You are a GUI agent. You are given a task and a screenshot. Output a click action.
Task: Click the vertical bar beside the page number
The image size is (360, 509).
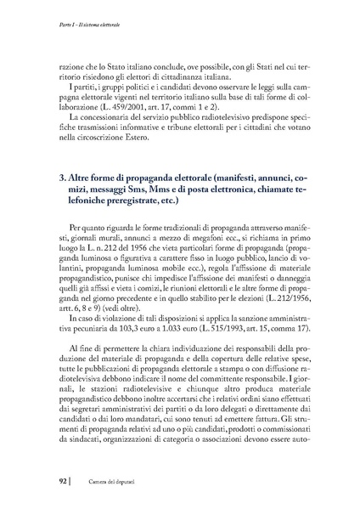point(61,484)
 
